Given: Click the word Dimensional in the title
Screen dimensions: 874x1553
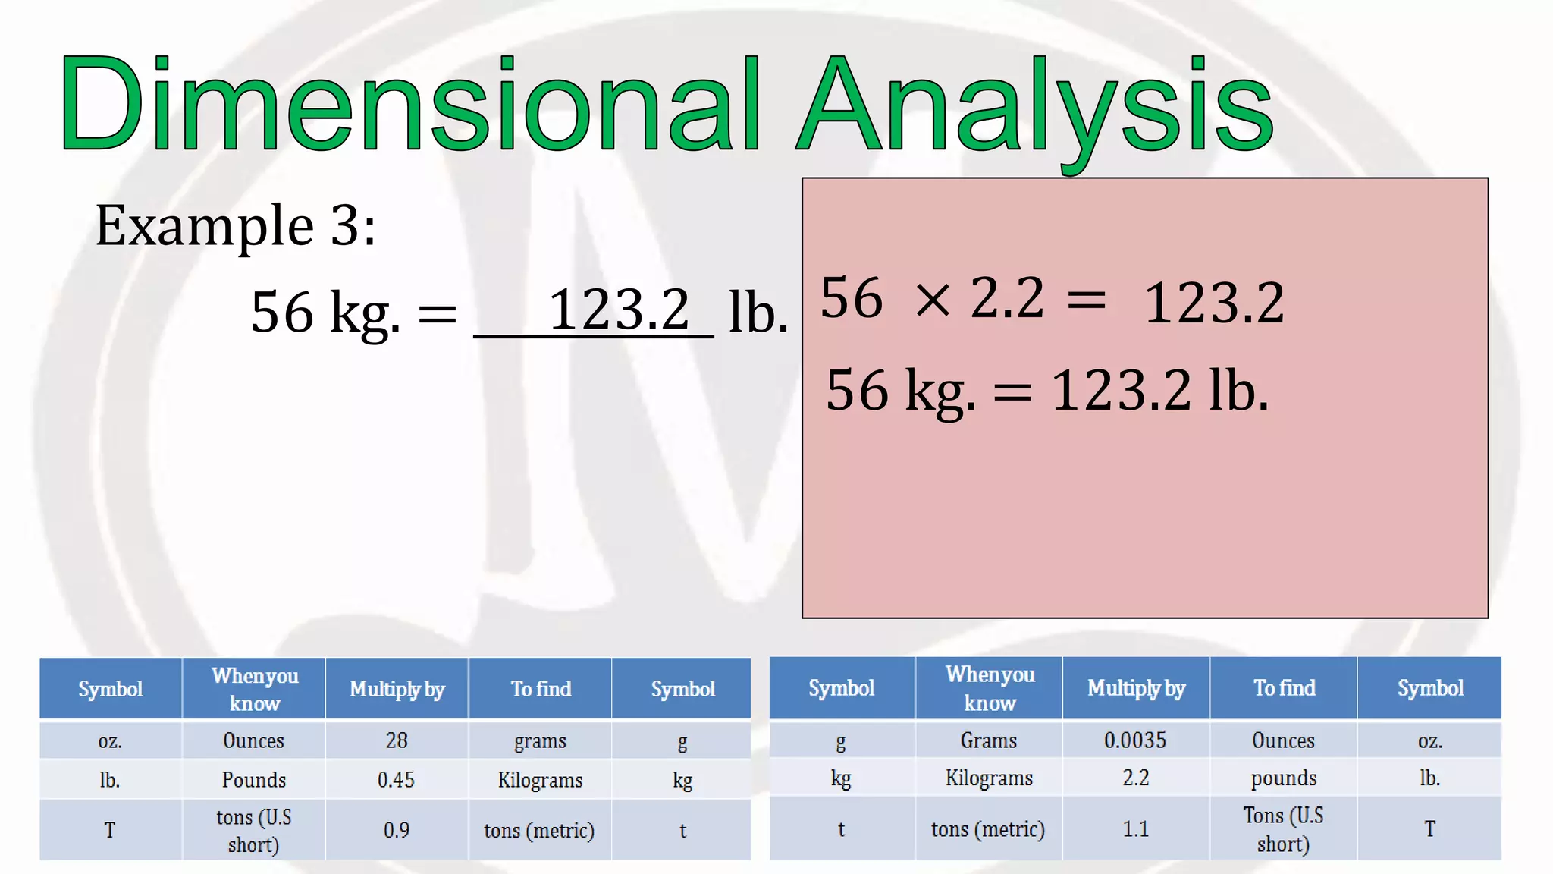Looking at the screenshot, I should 409,105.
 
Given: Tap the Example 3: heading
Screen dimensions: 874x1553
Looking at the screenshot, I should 235,226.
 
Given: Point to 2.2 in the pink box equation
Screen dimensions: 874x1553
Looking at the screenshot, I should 1007,297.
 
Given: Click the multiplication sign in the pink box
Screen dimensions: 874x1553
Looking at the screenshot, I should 933,300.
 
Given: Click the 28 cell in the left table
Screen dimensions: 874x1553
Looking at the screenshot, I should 397,740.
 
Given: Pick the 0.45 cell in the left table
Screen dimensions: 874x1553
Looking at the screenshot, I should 397,780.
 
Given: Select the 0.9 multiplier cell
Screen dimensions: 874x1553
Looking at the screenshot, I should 397,830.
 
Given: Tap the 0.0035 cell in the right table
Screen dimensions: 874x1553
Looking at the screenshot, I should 1135,740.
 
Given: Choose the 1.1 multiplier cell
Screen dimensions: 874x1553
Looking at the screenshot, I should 1135,828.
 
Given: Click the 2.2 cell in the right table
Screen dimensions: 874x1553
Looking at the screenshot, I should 1135,778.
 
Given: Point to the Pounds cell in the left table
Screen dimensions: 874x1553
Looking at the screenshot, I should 253,780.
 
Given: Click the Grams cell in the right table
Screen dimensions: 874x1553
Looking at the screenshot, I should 988,740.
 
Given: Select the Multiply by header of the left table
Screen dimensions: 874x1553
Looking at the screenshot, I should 397,689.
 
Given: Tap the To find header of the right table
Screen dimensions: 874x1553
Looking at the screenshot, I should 1284,688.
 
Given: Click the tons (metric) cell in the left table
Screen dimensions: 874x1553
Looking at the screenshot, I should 539,831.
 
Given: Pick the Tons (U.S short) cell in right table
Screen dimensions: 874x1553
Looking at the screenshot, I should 1283,829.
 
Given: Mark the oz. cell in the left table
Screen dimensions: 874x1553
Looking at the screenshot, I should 110,740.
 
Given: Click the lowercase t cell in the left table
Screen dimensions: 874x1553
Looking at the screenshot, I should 682,831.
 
